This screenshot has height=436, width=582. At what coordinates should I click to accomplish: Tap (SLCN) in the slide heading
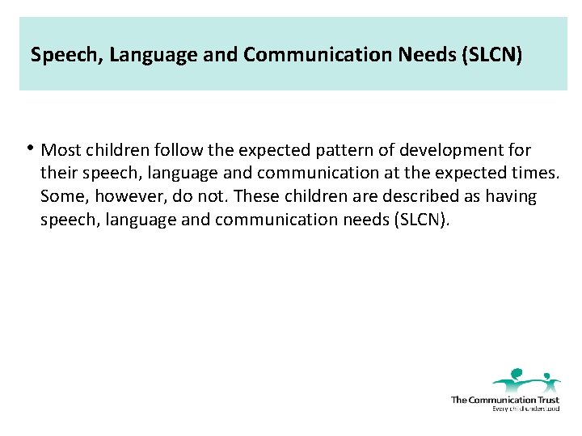point(494,55)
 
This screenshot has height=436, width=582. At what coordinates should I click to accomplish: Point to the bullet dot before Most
point(30,148)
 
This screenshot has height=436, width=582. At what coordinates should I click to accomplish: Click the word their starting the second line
point(58,174)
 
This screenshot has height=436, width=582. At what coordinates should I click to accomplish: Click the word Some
point(61,197)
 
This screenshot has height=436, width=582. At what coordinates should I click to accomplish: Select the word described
point(402,197)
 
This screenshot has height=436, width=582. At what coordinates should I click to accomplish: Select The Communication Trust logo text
point(504,400)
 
